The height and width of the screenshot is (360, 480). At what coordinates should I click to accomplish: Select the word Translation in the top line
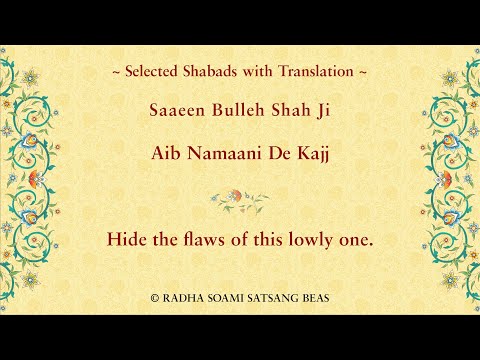click(317, 72)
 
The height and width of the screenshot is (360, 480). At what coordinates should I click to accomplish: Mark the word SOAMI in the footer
click(224, 297)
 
